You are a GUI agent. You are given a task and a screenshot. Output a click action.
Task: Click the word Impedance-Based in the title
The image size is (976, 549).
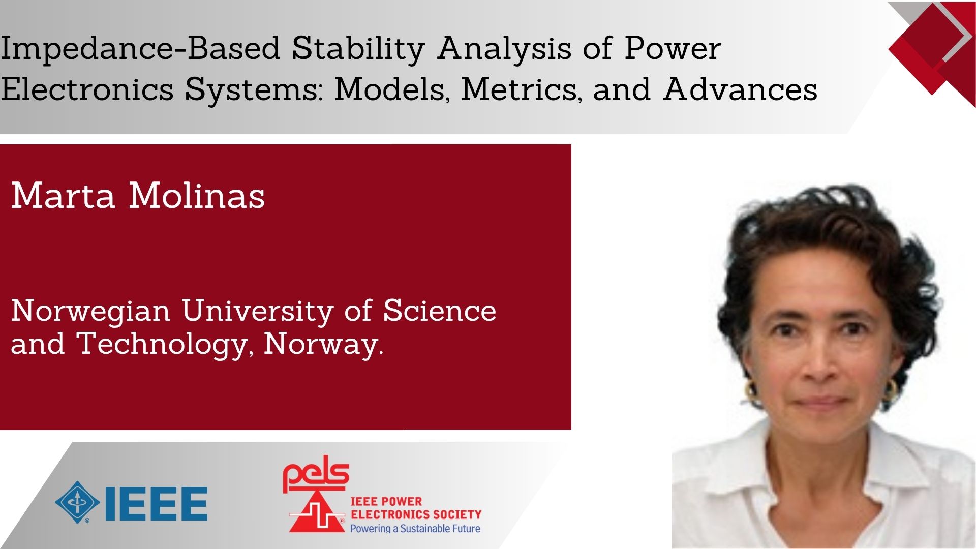[x=140, y=49]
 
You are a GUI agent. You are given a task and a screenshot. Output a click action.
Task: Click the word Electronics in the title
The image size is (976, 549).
[x=87, y=88]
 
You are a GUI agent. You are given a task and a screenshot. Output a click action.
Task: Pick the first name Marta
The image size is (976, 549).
[x=63, y=195]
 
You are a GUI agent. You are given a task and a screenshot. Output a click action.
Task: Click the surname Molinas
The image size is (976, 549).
[x=197, y=195]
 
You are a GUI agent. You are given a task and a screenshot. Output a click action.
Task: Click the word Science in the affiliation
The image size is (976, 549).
[x=440, y=310]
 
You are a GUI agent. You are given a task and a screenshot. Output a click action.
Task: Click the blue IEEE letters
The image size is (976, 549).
[x=156, y=504]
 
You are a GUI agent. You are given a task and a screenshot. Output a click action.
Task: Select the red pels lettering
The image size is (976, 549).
[x=316, y=474]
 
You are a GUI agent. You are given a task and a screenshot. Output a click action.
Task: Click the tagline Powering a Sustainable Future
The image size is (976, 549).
[x=415, y=528]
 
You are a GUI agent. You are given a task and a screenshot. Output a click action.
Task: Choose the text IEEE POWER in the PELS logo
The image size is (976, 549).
[x=386, y=502]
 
